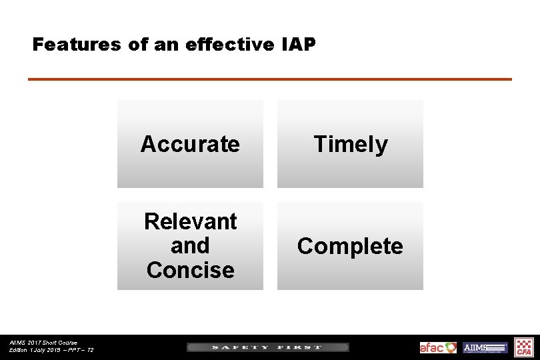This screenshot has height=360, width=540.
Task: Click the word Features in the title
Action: (68, 45)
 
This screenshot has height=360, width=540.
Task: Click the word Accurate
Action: (190, 144)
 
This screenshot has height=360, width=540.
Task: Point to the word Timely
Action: (350, 144)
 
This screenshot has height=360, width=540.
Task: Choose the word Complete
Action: (350, 246)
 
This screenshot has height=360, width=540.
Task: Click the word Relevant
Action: (190, 221)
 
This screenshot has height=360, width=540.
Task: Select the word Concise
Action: (190, 270)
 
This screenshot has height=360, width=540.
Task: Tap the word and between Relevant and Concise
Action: (190, 245)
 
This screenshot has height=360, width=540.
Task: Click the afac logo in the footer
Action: (438, 347)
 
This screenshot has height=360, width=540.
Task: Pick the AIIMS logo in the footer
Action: (485, 347)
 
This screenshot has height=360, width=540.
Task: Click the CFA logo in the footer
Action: (525, 347)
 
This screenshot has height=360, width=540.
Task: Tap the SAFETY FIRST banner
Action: (267, 347)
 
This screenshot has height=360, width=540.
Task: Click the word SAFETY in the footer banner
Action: (240, 347)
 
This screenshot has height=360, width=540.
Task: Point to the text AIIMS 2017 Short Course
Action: (43, 343)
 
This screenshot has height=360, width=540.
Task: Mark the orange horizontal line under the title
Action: (269, 79)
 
